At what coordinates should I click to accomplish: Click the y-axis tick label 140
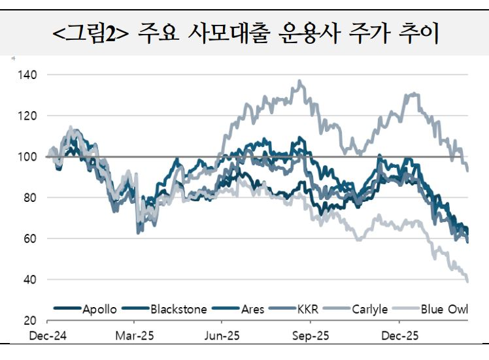coord(27,74)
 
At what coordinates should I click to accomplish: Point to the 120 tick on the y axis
coord(27,116)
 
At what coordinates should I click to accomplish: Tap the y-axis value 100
coord(27,157)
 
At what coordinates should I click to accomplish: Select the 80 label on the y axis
coord(30,198)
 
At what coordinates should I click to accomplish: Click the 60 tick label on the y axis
coord(30,239)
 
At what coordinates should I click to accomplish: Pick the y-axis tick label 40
coord(30,280)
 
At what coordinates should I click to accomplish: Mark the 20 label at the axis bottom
coord(30,321)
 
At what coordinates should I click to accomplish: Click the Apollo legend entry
coord(99,308)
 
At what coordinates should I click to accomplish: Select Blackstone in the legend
coord(178,308)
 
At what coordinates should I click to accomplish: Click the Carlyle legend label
coord(370,308)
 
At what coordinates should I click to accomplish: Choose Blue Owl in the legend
coord(445,308)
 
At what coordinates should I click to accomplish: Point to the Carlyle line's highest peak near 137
coord(299,81)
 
